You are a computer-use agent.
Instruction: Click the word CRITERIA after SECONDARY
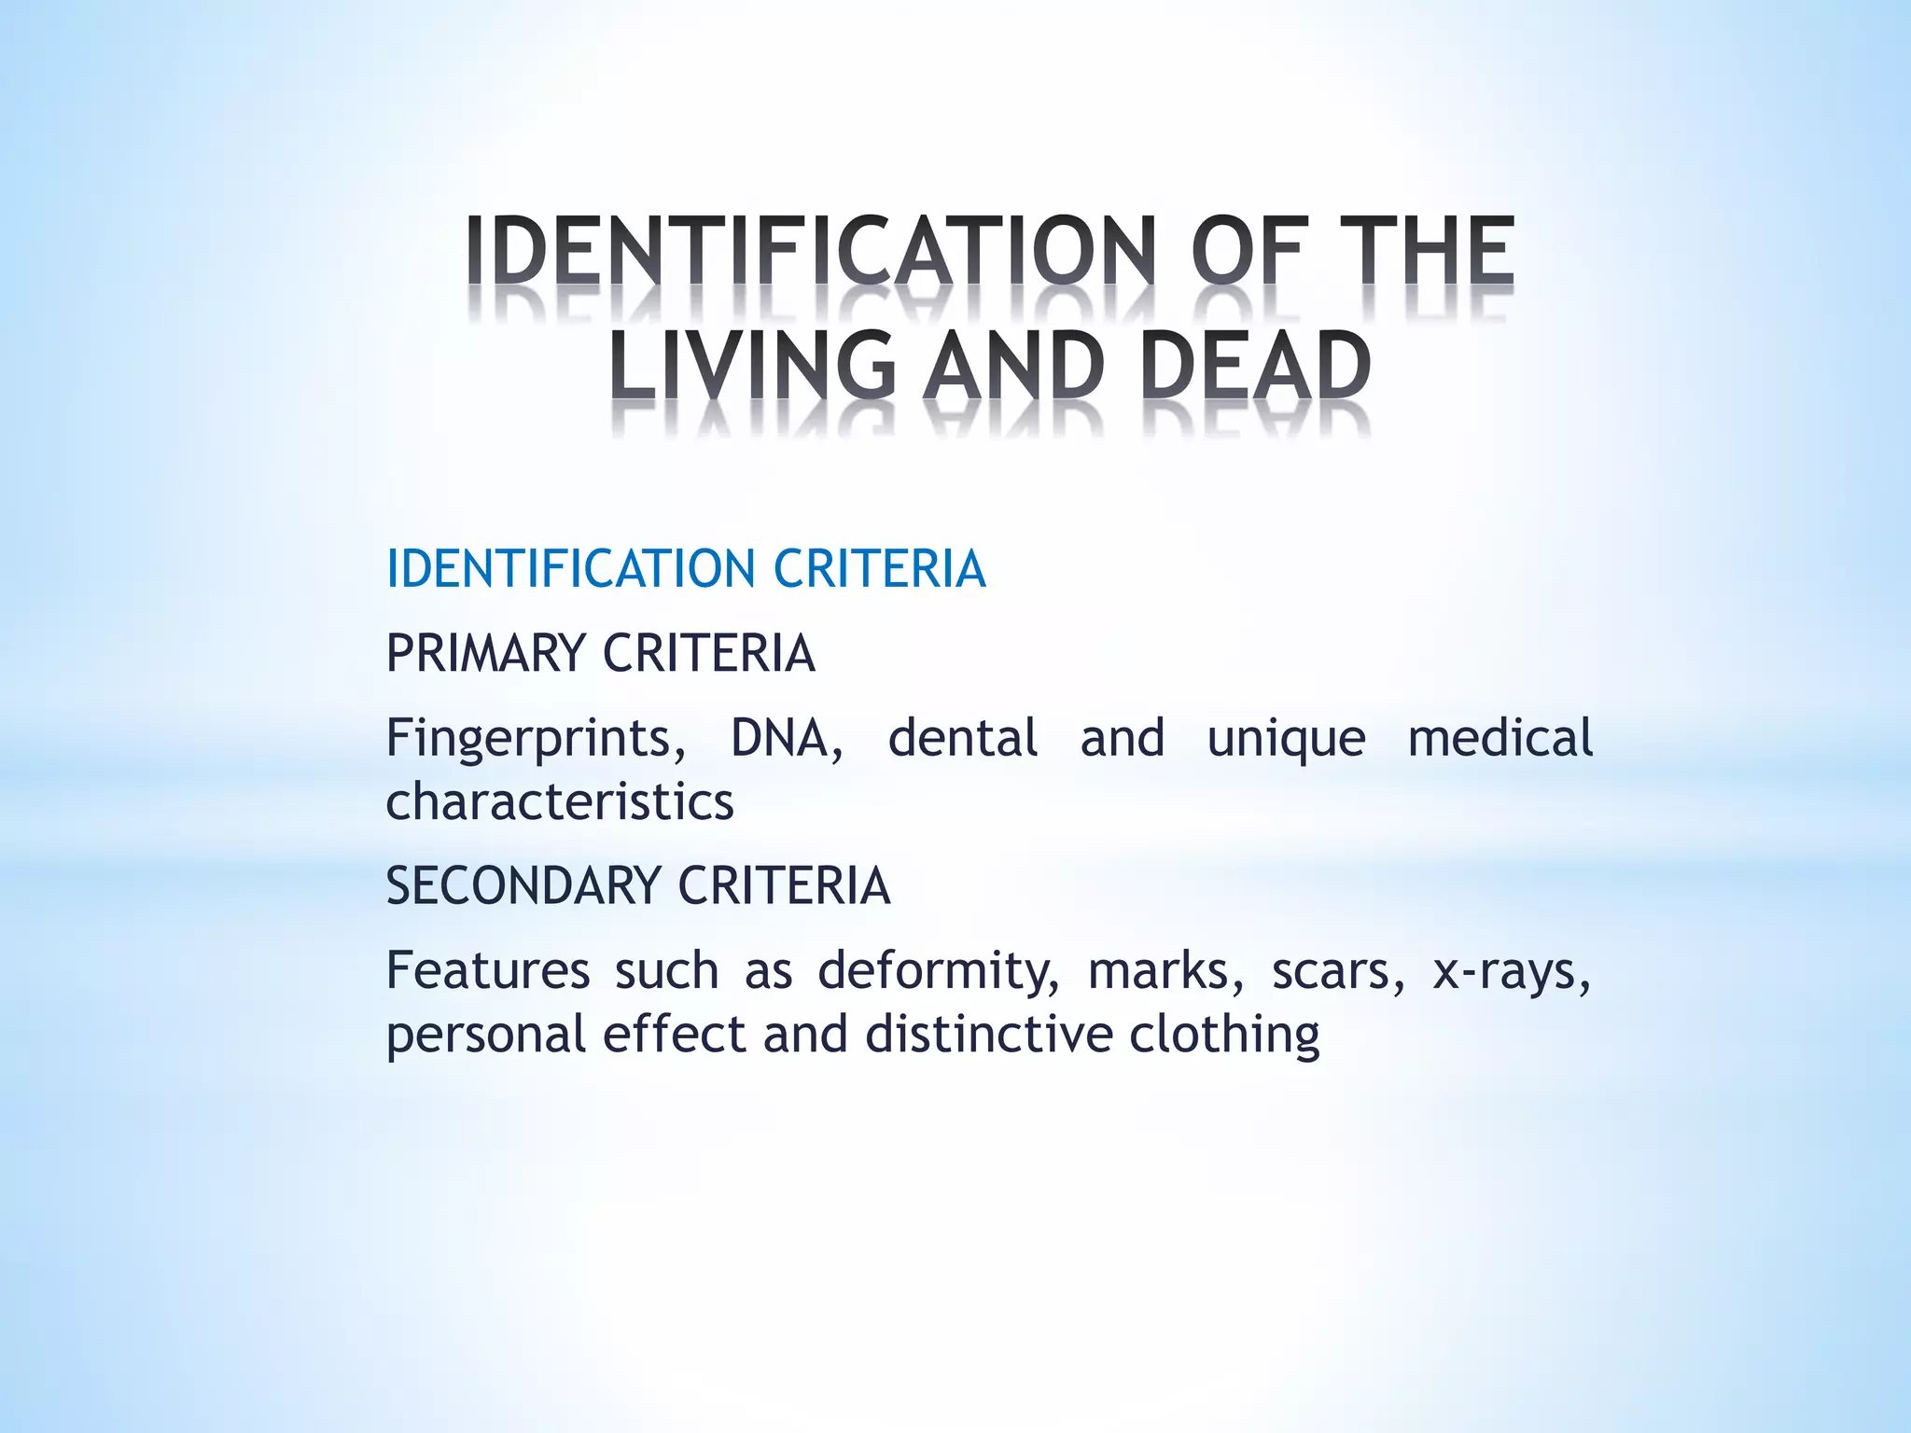[x=784, y=885]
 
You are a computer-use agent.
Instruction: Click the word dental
[x=962, y=738]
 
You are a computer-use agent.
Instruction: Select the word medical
[x=1500, y=738]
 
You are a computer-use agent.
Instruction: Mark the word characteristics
[x=560, y=802]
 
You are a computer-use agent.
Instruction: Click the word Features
[x=488, y=970]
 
